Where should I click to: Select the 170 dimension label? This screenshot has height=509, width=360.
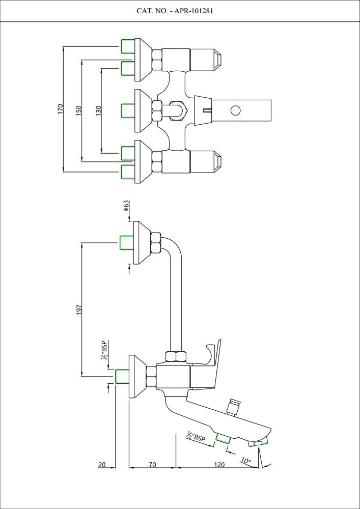(x=61, y=108)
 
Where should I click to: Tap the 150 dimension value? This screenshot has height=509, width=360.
(x=79, y=110)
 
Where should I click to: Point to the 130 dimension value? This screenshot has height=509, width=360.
(x=99, y=110)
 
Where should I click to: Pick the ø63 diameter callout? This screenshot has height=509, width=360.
(x=125, y=206)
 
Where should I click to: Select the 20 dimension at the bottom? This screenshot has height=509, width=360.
(x=102, y=464)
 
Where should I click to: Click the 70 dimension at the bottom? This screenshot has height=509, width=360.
(x=152, y=464)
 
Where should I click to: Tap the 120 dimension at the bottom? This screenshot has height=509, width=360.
(x=219, y=464)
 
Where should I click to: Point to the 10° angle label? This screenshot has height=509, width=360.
(x=246, y=461)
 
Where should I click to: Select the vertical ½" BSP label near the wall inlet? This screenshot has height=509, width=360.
(x=104, y=351)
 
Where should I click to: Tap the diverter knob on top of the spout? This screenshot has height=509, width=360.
(x=234, y=407)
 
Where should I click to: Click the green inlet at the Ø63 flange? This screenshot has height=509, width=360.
(x=126, y=242)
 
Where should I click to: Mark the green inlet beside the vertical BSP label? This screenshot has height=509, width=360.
(x=121, y=377)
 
